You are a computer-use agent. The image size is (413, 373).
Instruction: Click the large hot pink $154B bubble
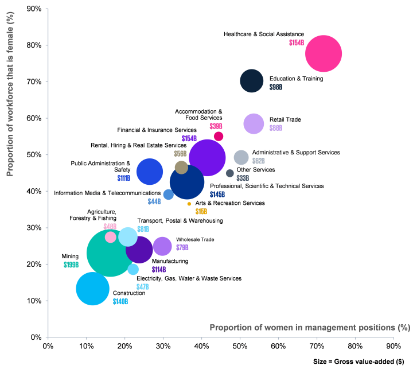[324, 53]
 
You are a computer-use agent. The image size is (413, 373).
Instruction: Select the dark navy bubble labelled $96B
[251, 80]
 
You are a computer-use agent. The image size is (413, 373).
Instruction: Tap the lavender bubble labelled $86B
[254, 123]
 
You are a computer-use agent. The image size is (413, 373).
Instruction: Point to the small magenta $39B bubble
[219, 136]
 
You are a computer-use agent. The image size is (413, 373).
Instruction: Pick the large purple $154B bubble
[207, 157]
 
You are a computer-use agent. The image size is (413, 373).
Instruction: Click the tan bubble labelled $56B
[181, 167]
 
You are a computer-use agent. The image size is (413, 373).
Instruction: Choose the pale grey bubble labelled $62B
[241, 157]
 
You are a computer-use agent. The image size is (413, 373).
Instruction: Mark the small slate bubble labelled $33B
[230, 173]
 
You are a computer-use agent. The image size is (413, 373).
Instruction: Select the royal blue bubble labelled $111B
[150, 172]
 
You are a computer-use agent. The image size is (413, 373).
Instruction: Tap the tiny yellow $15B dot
[189, 204]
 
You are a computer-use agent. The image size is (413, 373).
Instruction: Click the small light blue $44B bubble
[168, 195]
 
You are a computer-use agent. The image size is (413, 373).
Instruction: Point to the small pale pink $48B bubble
[111, 237]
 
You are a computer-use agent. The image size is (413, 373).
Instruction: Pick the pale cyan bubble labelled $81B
[128, 236]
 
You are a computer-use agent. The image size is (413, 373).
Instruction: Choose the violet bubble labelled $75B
[162, 246]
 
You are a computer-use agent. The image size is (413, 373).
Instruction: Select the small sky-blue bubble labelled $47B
[133, 269]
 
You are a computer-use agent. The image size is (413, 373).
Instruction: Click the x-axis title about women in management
[310, 328]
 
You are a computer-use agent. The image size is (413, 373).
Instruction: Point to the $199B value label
[71, 265]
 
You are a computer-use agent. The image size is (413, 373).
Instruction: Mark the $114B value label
[159, 270]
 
